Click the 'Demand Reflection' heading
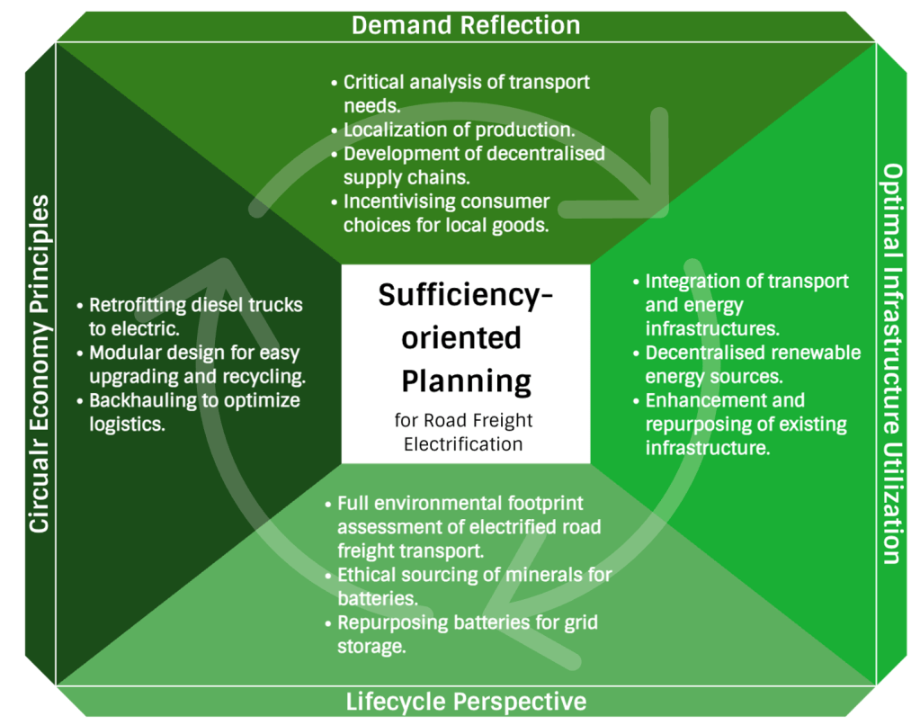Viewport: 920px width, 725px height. coord(465,24)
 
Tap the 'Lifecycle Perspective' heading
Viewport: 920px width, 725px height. coord(466,702)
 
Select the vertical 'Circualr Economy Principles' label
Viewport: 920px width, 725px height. coord(39,363)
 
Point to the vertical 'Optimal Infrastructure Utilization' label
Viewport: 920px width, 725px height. coord(890,363)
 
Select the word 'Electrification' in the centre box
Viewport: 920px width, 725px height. coord(463,444)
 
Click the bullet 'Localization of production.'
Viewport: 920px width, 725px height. coord(459,130)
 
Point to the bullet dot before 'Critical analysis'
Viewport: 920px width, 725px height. coord(335,83)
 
